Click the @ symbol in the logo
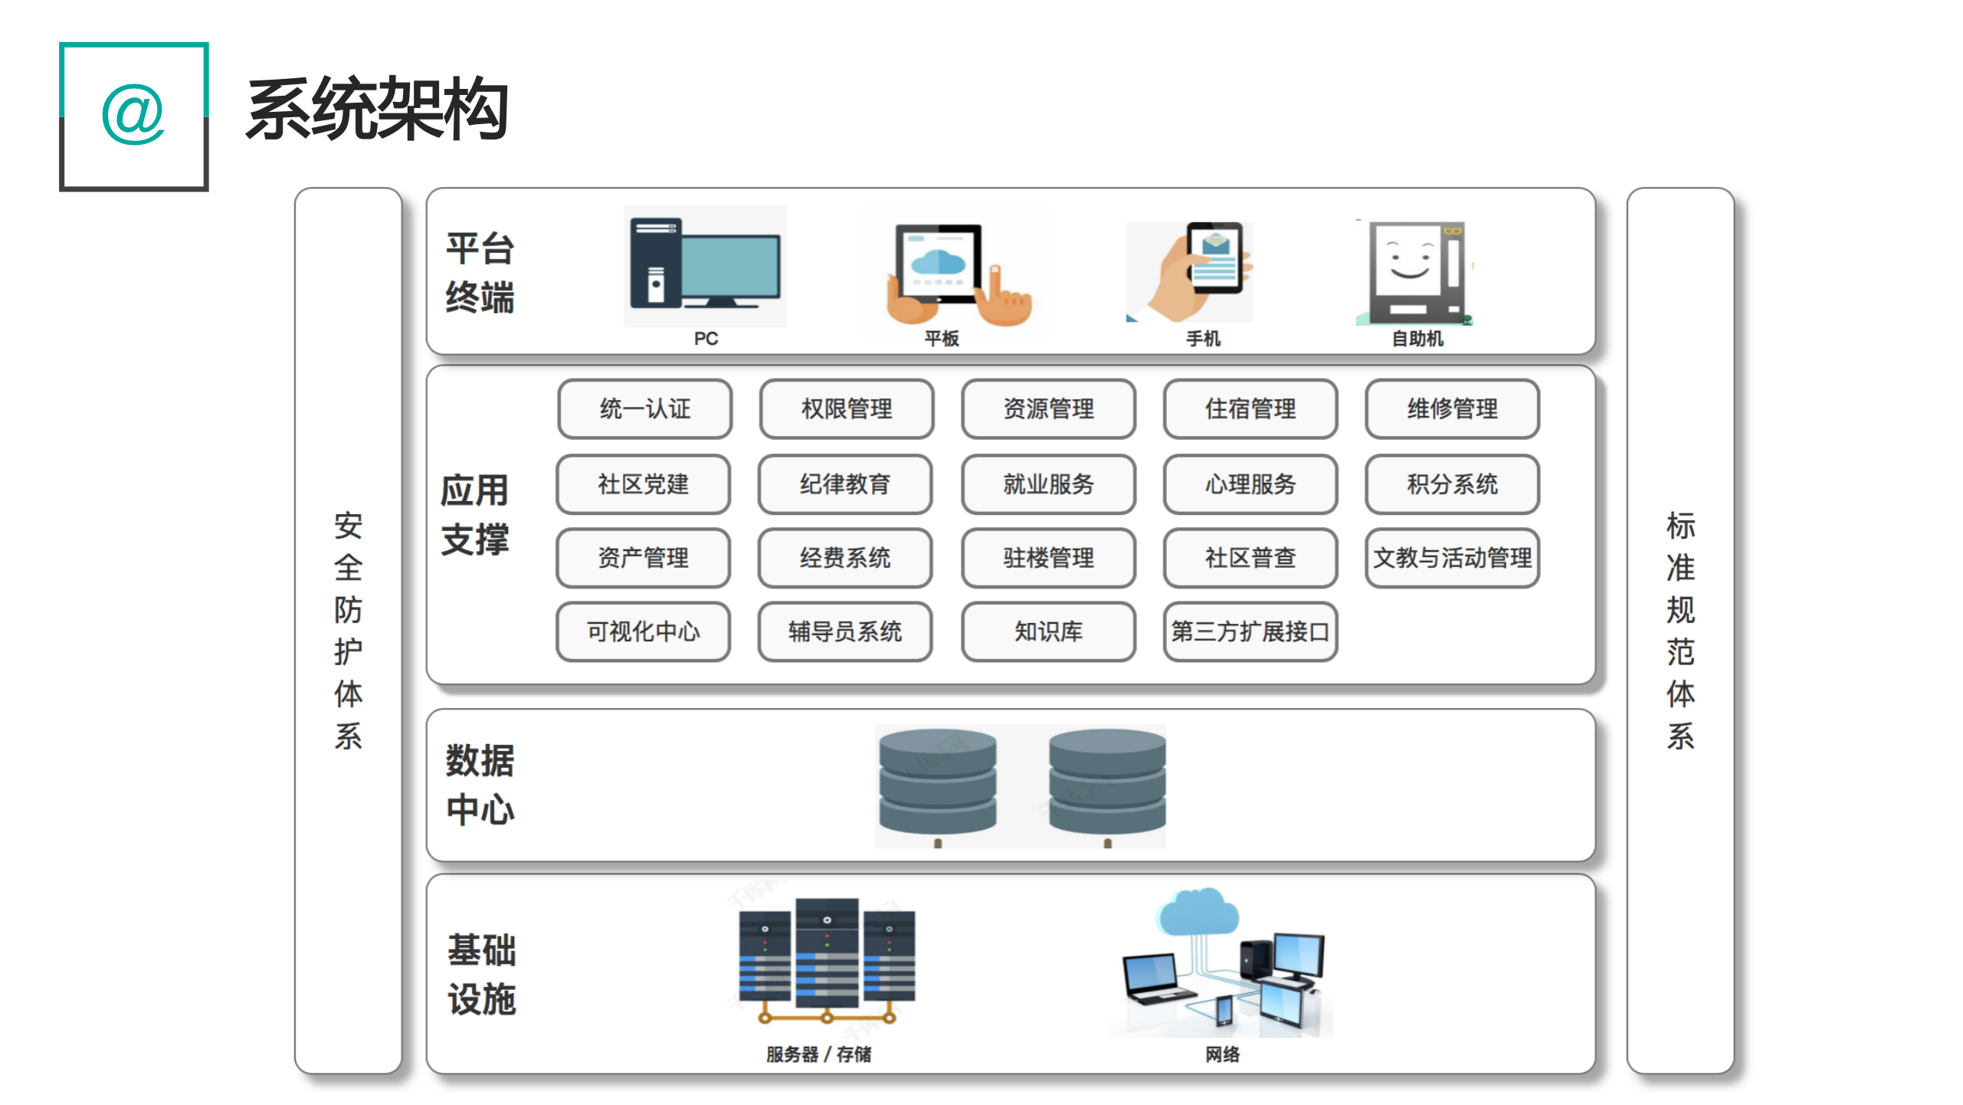133,115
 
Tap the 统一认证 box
644,409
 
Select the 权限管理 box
846,409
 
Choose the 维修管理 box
1451,409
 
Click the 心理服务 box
1250,484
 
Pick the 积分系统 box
1451,484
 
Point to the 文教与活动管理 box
1451,558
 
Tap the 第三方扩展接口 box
1250,631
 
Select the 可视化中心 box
643,631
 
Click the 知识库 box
1048,631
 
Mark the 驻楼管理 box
1048,558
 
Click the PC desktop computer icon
705,264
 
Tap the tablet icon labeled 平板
950,272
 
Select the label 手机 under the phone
1203,339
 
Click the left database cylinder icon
937,782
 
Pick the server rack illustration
827,958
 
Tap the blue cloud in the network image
1198,912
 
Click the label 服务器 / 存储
818,1054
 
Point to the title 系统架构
377,110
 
